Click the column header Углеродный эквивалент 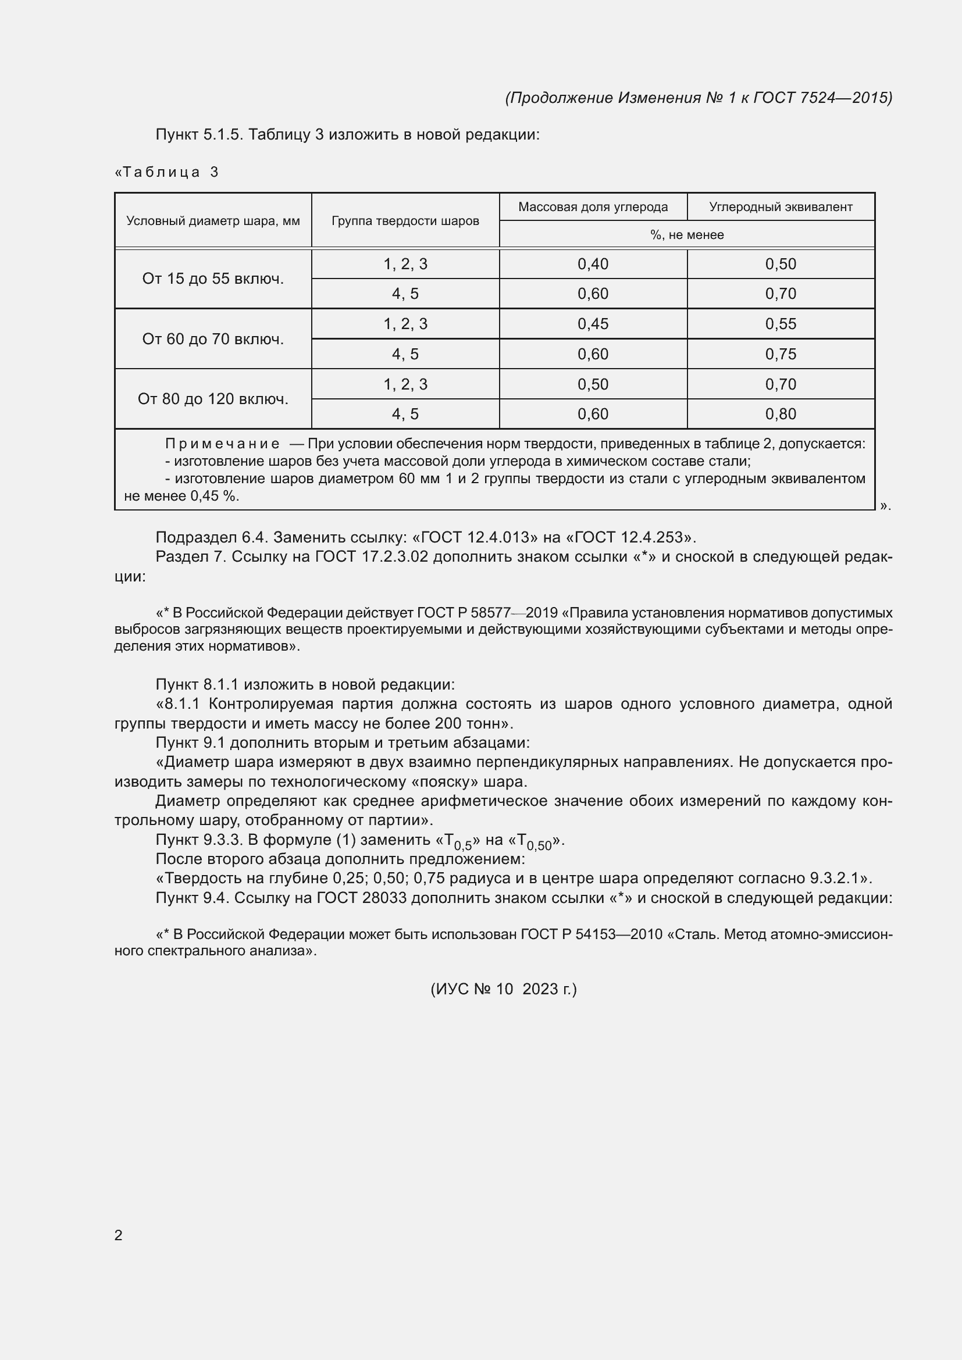click(780, 207)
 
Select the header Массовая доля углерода click(592, 207)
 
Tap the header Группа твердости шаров click(405, 221)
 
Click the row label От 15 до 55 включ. click(213, 279)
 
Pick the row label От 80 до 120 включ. click(213, 399)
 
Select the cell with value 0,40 click(592, 264)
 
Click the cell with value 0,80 click(780, 413)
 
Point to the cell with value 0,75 click(780, 354)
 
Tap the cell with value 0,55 click(780, 324)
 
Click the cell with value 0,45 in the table click(592, 324)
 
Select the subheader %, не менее click(686, 234)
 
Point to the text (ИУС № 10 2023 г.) click(503, 988)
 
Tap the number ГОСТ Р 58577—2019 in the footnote click(487, 612)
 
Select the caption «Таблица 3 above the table click(166, 172)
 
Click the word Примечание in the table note click(222, 444)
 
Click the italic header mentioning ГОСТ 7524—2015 click(699, 98)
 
